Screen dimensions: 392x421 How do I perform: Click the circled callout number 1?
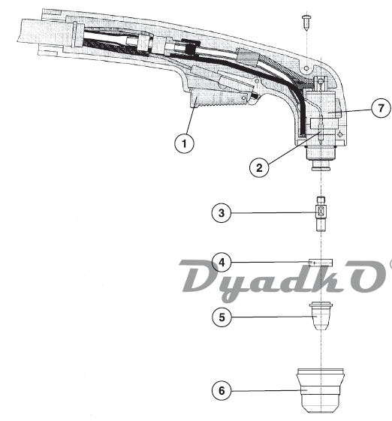coord(184,143)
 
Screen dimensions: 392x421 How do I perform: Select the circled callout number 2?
coord(259,168)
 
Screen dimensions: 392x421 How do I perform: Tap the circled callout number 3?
coord(221,213)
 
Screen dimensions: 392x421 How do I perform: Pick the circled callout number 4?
coord(222,262)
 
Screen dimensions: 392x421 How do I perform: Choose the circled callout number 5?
coord(222,317)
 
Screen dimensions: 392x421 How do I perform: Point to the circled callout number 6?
coord(222,391)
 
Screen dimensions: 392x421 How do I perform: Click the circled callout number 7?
coord(381,108)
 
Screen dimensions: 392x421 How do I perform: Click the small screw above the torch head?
coord(306,22)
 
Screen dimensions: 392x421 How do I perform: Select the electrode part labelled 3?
coord(321,214)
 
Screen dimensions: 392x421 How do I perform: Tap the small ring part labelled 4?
coord(321,263)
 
